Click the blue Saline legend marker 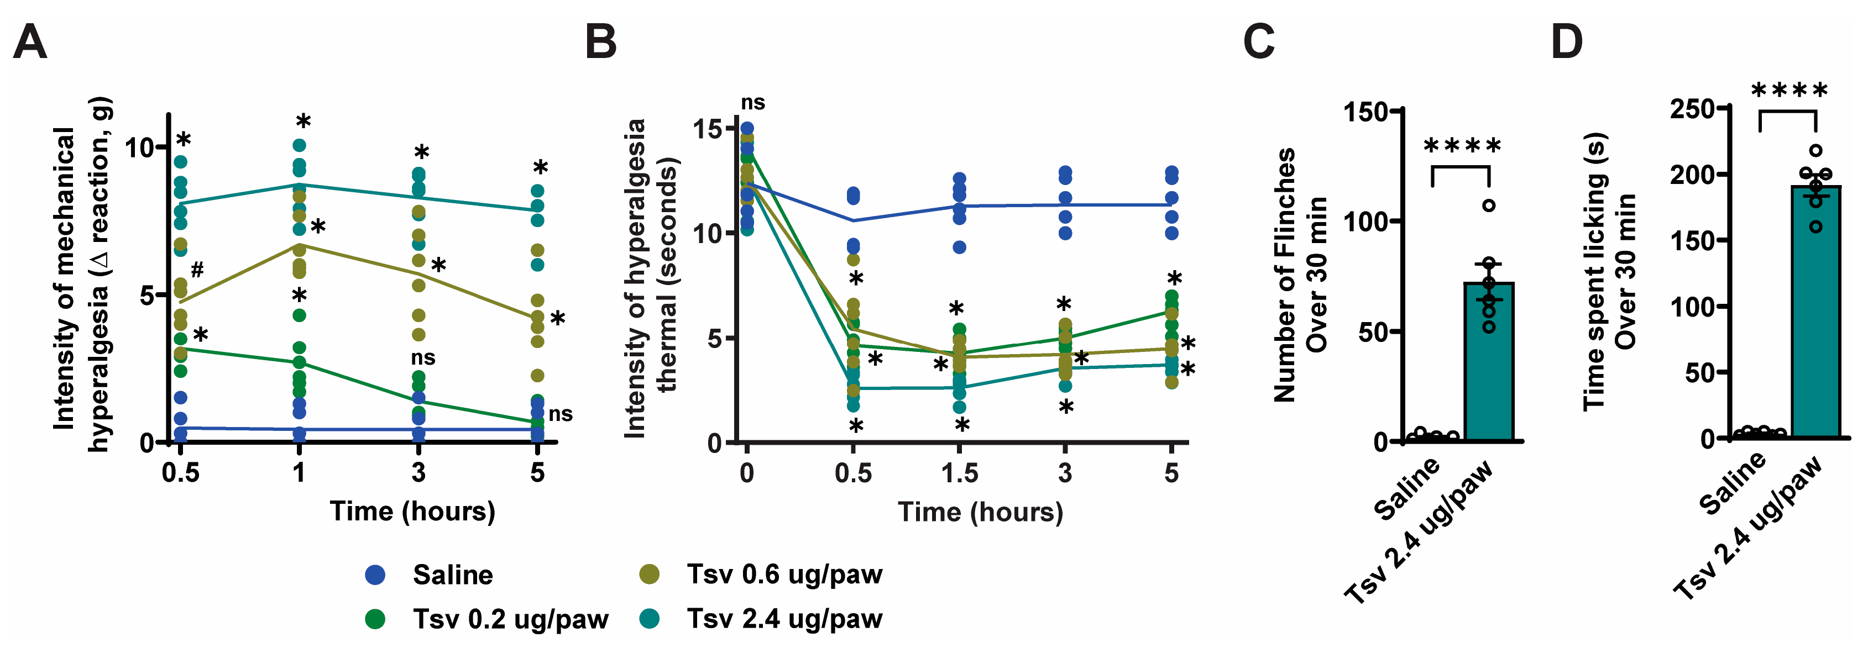[x=375, y=575]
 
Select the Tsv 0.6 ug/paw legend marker [x=649, y=574]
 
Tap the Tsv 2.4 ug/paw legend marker [x=649, y=618]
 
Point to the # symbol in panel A [x=196, y=270]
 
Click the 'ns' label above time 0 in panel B [x=753, y=103]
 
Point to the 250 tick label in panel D [x=1692, y=109]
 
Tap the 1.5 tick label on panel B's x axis [x=959, y=473]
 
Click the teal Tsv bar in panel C [x=1488, y=362]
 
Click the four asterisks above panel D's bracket [x=1789, y=91]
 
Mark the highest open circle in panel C [x=1489, y=205]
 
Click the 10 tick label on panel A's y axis [x=139, y=148]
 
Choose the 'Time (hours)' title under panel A [x=412, y=511]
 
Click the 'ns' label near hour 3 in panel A [x=423, y=357]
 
